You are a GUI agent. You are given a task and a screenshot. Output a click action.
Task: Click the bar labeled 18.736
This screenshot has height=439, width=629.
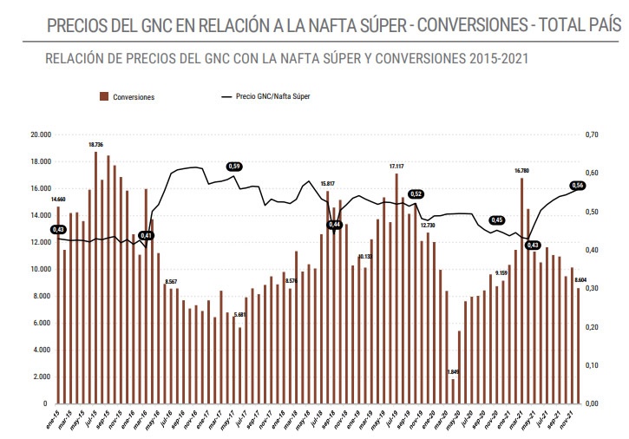coord(95,278)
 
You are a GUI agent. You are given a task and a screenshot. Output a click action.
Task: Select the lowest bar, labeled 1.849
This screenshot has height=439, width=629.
coord(453,391)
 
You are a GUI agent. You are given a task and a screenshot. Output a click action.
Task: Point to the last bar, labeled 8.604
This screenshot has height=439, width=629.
coord(580,346)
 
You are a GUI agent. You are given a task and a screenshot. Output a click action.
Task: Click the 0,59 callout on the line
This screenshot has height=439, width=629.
coord(233,166)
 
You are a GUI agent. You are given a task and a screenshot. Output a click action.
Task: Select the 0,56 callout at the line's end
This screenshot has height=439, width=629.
coord(578,186)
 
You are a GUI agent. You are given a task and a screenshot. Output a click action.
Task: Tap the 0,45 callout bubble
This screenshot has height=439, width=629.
coord(497,220)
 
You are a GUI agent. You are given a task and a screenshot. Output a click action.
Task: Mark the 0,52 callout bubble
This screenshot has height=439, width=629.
coord(416,194)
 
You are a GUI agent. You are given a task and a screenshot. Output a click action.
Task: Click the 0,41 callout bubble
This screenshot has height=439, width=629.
coord(147,236)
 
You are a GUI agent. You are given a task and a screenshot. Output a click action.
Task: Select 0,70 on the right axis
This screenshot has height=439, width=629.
coord(593,135)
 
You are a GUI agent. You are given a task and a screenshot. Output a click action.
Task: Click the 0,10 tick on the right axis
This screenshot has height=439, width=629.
coord(593,365)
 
